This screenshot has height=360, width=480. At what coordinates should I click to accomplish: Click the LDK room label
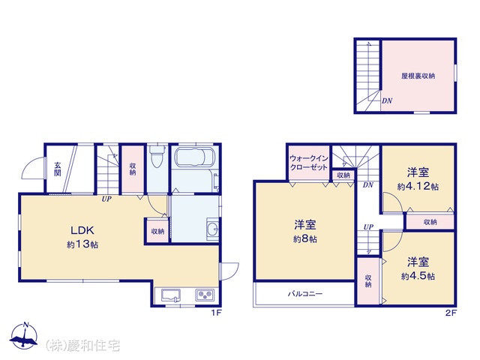point(82,230)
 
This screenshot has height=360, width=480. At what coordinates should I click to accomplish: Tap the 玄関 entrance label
point(57,169)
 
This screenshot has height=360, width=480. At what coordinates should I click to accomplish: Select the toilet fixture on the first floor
point(157,156)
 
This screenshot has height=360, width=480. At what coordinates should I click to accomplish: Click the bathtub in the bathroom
point(194,157)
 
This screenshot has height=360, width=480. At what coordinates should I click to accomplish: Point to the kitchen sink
point(171,295)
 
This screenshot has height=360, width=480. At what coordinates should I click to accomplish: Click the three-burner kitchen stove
point(205,295)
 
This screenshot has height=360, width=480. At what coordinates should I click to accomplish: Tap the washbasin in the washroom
point(212,229)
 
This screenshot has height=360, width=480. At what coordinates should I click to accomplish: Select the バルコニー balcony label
point(305,294)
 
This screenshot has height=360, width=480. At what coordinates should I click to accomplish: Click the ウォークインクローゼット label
point(308,163)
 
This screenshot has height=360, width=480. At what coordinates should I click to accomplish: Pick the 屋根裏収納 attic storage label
point(418,76)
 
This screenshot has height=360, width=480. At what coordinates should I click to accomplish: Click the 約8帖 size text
point(305,238)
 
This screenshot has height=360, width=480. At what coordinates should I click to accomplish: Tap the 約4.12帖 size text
point(418,186)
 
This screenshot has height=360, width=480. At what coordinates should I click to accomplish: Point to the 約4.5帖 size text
point(418,276)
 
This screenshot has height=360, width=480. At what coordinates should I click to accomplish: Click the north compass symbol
point(24,336)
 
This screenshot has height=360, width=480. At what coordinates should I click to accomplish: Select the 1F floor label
point(216,313)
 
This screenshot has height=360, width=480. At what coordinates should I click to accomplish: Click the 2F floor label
point(451,313)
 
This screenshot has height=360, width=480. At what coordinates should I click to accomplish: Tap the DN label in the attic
point(387,100)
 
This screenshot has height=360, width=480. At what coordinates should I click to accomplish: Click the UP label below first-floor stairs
point(106,199)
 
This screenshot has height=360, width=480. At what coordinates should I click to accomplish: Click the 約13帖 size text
point(82,244)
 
